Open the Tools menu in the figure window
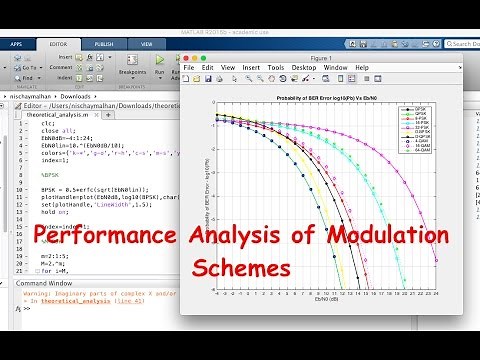[x=276, y=67]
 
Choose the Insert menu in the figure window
[x=251, y=67]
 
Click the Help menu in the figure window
[x=361, y=67]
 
